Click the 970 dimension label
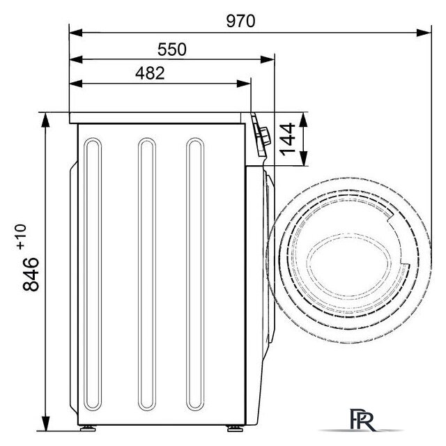240,21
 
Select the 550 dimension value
172,49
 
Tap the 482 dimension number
150,73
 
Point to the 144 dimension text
287,139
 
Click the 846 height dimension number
31,274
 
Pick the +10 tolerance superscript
22,237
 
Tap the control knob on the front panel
264,137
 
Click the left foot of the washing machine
88,428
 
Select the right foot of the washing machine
235,428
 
